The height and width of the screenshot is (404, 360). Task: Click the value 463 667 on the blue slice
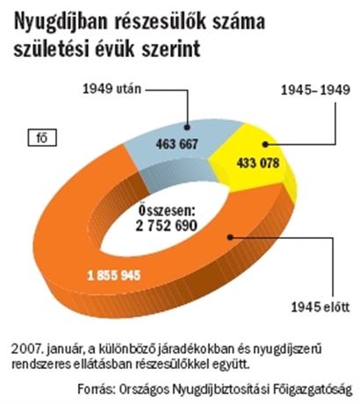pyautogui.click(x=176, y=144)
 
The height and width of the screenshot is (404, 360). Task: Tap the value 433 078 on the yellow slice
pyautogui.click(x=258, y=163)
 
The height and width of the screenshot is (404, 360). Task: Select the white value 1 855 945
pyautogui.click(x=114, y=275)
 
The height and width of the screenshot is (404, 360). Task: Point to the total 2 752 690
pyautogui.click(x=167, y=226)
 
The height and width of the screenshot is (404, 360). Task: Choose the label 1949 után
pyautogui.click(x=112, y=89)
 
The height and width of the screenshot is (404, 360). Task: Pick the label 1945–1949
pyautogui.click(x=315, y=90)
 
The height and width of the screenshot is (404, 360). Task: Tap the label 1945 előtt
pyautogui.click(x=320, y=307)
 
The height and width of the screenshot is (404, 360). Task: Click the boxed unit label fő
pyautogui.click(x=42, y=138)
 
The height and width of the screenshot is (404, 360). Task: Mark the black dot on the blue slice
pyautogui.click(x=187, y=127)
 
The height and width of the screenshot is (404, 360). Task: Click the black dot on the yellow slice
pyautogui.click(x=265, y=144)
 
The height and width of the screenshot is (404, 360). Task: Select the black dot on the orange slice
pyautogui.click(x=231, y=237)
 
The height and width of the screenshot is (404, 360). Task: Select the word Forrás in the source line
pyautogui.click(x=95, y=389)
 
